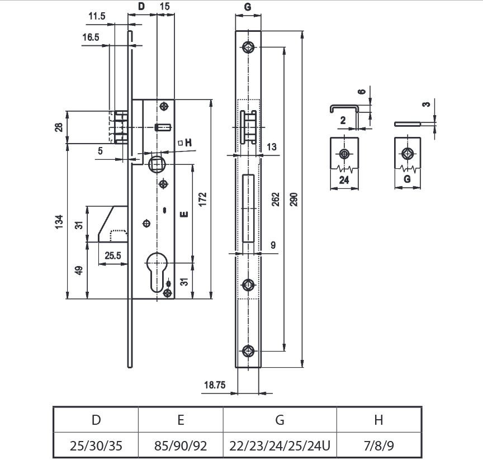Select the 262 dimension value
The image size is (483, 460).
pyautogui.click(x=276, y=200)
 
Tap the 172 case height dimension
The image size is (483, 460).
pyautogui.click(x=203, y=199)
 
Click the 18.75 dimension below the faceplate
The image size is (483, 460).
pyautogui.click(x=215, y=385)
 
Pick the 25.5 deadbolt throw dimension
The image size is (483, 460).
pyautogui.click(x=113, y=255)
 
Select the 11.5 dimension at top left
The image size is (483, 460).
pyautogui.click(x=97, y=16)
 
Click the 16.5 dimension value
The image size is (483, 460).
pyautogui.click(x=91, y=37)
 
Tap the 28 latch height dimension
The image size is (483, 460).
pyautogui.click(x=59, y=127)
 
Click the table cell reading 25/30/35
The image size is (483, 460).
pyautogui.click(x=96, y=445)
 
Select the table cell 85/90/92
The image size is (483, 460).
pyautogui.click(x=181, y=445)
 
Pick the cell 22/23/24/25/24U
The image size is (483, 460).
pyautogui.click(x=280, y=445)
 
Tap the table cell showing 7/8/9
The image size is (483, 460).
pyautogui.click(x=379, y=445)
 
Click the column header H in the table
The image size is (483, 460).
pyautogui.click(x=379, y=419)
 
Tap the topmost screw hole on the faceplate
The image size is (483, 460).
pyautogui.click(x=248, y=48)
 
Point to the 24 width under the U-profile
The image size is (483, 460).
pyautogui.click(x=344, y=180)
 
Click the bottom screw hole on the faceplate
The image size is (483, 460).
pyautogui.click(x=248, y=351)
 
